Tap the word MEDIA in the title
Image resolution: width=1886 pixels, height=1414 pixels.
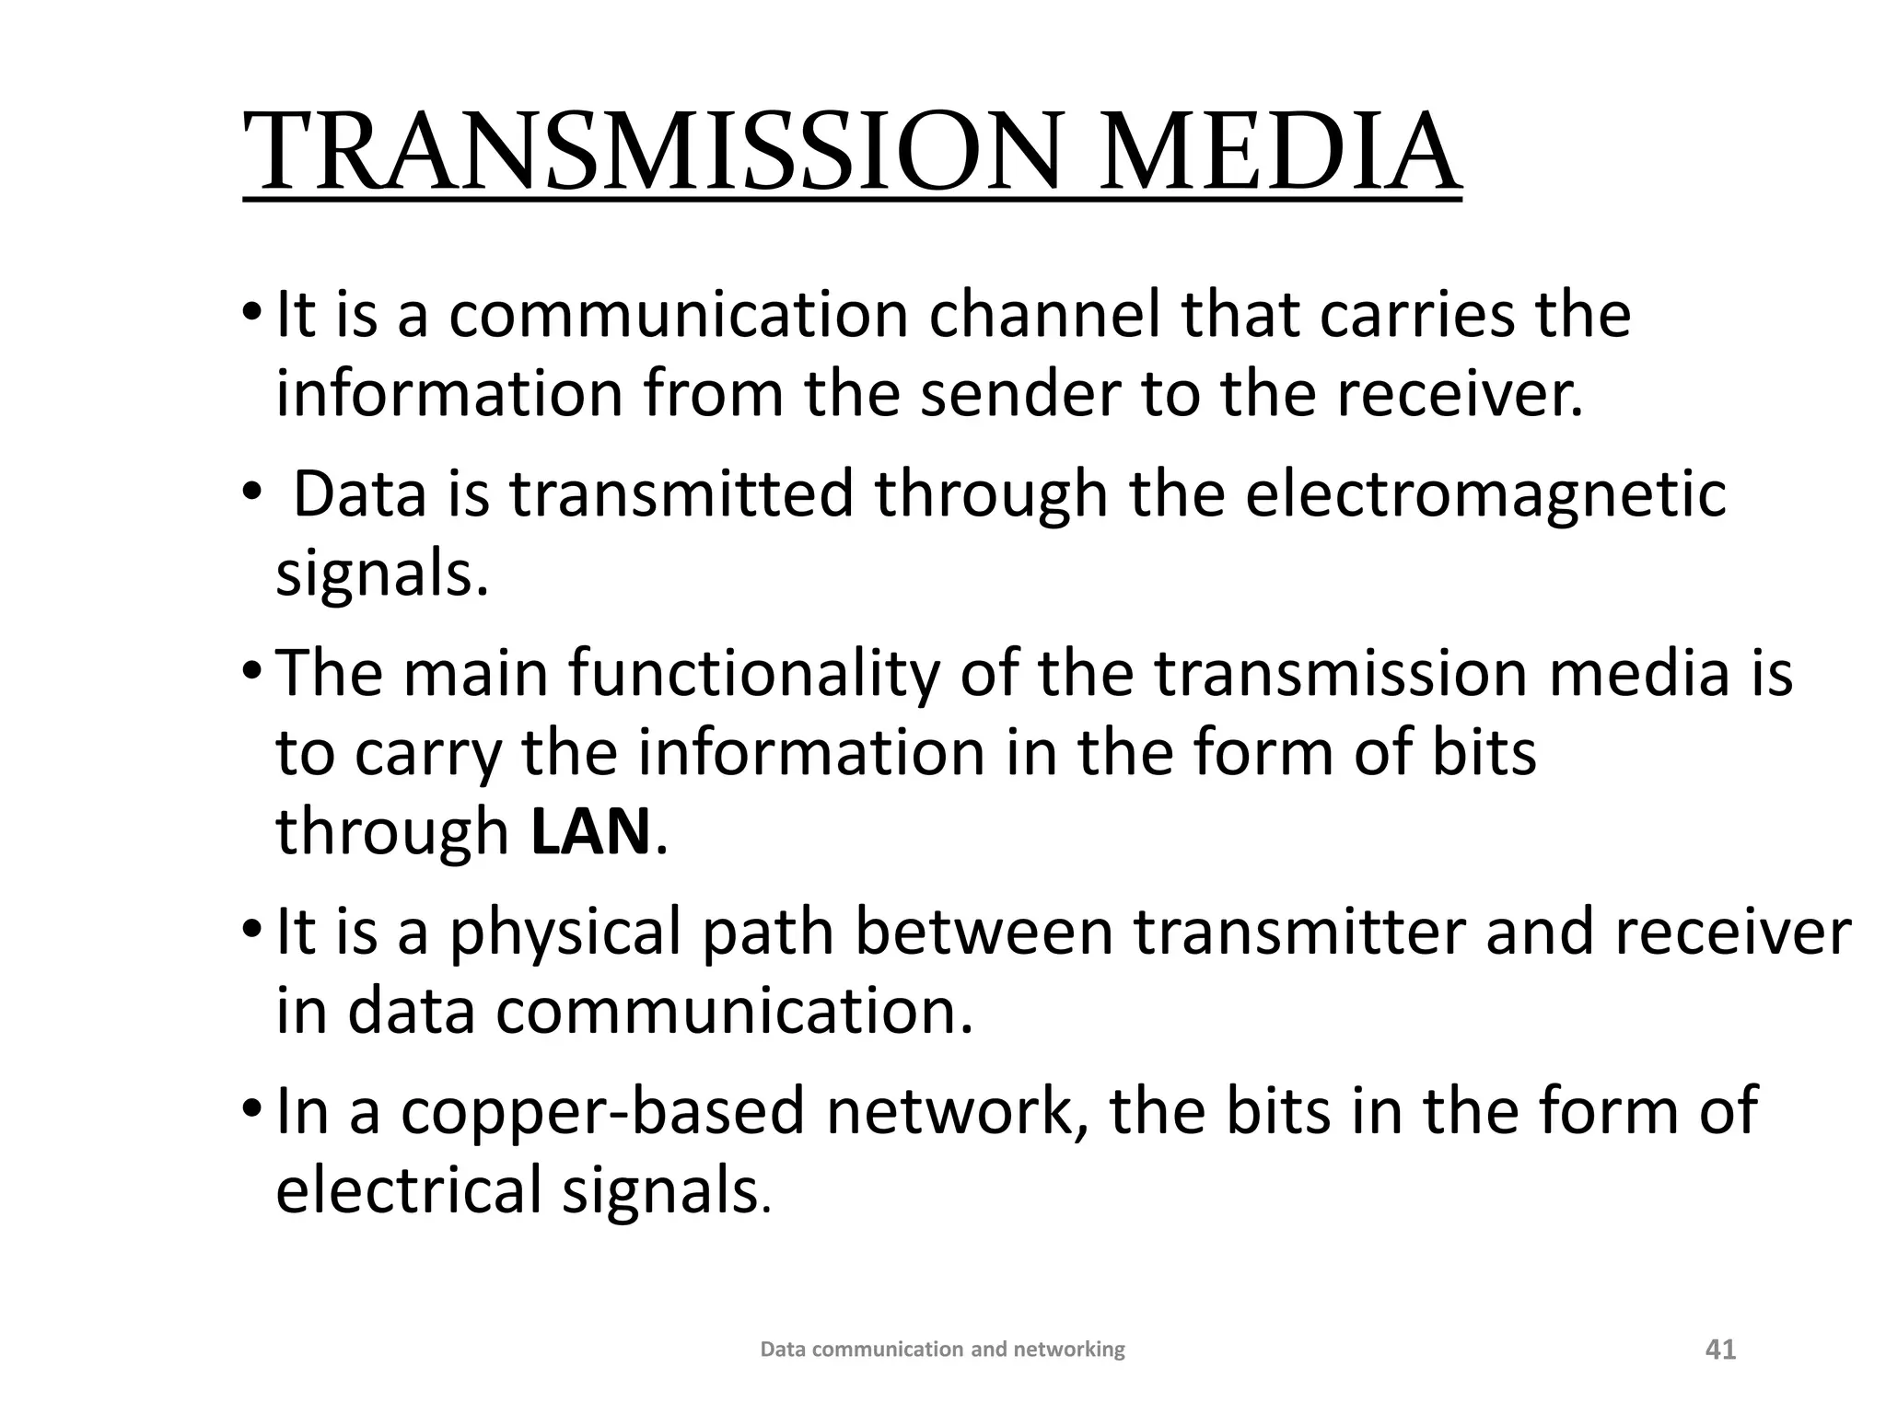[x=1276, y=151]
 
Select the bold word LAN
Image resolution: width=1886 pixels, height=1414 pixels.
[x=591, y=831]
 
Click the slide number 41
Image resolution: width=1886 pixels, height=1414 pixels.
[x=1720, y=1350]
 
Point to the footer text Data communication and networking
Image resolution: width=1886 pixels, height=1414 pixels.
[x=942, y=1350]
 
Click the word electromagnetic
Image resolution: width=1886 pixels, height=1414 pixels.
[x=1484, y=494]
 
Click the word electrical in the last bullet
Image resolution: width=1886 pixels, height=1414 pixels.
[x=409, y=1189]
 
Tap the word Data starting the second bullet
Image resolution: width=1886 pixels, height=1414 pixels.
[x=360, y=494]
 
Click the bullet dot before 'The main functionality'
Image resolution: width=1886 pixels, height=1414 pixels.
[x=251, y=673]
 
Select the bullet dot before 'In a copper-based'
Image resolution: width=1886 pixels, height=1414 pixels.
[x=251, y=1111]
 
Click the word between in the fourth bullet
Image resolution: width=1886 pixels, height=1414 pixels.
[x=984, y=933]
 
